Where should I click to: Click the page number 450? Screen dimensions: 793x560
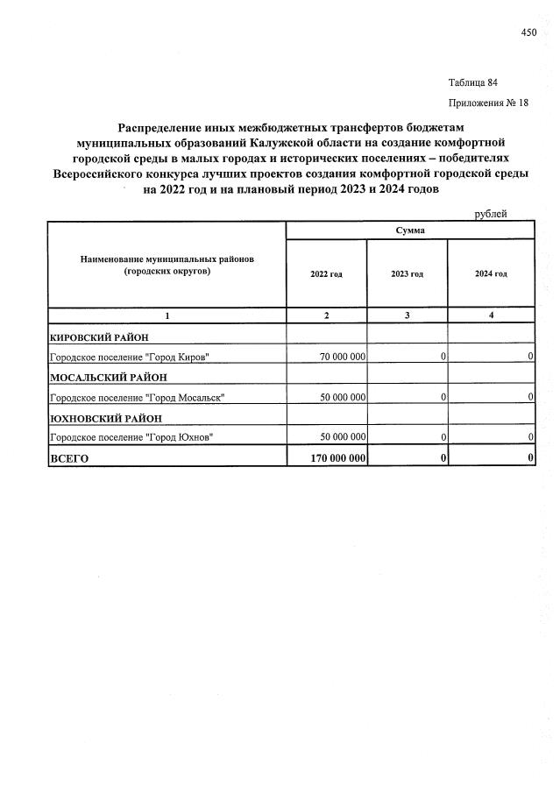528,32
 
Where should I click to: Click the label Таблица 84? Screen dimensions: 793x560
473,82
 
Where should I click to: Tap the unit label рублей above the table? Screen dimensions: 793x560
491,214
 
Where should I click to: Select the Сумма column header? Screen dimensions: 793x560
410,230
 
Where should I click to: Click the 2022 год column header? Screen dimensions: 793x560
326,274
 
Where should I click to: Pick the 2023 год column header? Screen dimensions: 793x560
407,274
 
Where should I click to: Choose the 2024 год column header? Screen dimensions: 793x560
491,274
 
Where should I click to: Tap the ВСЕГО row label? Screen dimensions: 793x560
70,458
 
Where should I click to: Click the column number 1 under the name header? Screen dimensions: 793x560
167,315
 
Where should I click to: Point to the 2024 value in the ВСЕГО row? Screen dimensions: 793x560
530,458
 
